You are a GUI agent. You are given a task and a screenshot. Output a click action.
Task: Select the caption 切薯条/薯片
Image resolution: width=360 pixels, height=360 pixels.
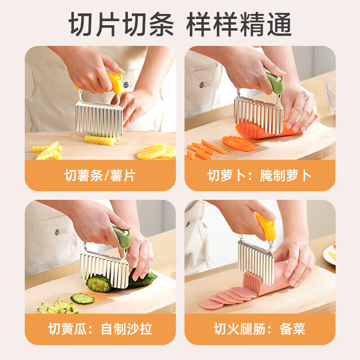tap(100, 175)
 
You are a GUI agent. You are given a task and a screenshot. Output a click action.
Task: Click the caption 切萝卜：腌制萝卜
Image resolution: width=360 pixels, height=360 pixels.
tap(260, 175)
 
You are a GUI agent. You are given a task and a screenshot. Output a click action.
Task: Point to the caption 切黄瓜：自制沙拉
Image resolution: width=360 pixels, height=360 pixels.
tap(100, 328)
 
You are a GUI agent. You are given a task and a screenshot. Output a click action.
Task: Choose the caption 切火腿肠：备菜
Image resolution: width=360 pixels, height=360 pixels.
tap(260, 328)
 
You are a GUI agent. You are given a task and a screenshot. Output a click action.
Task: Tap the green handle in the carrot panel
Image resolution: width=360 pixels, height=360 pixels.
tap(274, 83)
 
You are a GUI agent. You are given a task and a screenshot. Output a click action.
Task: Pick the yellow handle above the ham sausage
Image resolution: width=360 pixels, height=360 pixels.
tap(265, 226)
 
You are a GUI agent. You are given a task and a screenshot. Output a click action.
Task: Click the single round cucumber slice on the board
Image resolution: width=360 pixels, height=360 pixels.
tap(82, 298)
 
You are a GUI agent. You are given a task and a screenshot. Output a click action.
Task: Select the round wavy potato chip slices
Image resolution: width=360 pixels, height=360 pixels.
tap(155, 152)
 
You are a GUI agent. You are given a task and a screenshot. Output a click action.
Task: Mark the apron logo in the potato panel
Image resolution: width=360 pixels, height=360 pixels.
tap(128, 84)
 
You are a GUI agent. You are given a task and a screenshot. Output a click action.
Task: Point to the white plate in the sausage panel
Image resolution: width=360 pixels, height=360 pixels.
tap(329, 254)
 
